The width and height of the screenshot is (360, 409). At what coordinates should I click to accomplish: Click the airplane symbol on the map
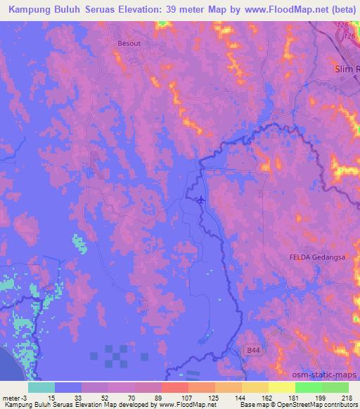(x=202, y=200)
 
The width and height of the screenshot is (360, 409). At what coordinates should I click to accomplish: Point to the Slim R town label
(x=346, y=69)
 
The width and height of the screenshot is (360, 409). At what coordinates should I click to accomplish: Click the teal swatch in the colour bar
(x=41, y=387)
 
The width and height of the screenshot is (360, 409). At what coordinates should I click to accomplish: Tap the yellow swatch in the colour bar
(x=281, y=387)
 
